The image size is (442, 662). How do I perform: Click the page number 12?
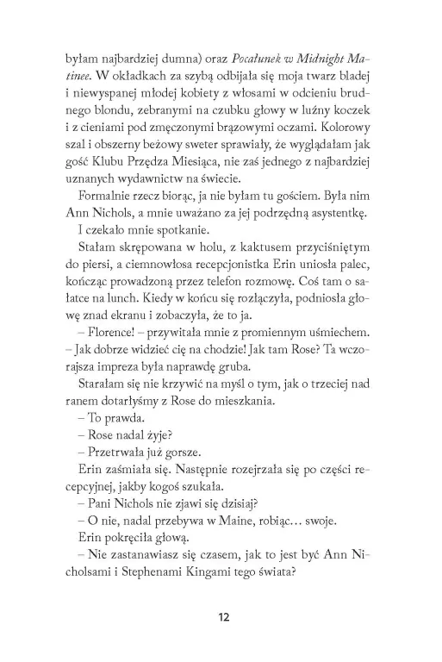tap(221, 616)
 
